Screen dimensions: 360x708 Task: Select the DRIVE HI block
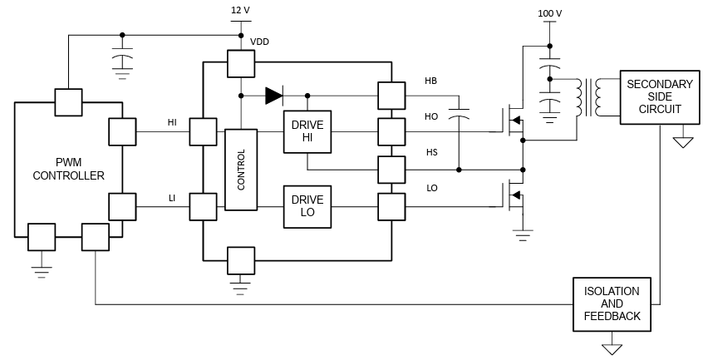click(x=307, y=131)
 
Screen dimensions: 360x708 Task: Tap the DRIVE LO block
click(x=307, y=206)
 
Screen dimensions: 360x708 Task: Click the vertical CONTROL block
click(x=241, y=170)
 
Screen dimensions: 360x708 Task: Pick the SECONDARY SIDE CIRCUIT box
click(x=658, y=97)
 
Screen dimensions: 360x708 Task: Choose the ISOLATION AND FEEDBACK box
click(x=612, y=304)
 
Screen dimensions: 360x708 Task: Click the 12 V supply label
click(x=241, y=11)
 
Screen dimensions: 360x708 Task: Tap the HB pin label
click(x=430, y=81)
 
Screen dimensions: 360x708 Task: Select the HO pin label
click(x=430, y=116)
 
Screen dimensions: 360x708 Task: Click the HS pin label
click(x=430, y=153)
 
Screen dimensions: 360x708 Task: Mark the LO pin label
click(x=431, y=189)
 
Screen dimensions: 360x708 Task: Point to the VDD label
click(x=259, y=42)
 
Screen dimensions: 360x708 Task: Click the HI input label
click(x=172, y=122)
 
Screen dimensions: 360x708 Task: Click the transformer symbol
click(x=591, y=98)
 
